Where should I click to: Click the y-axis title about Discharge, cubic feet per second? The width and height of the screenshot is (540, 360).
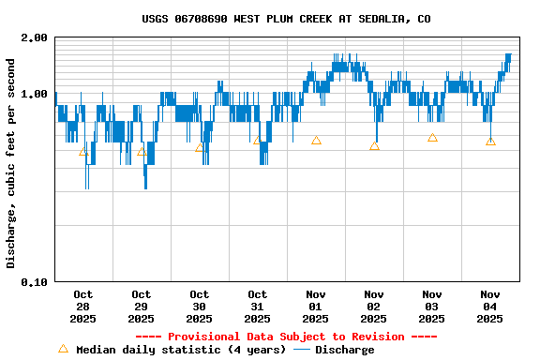tap(11, 163)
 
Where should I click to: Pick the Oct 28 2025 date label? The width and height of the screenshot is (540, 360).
tap(82, 307)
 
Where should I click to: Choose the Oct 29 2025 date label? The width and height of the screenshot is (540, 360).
tap(141, 307)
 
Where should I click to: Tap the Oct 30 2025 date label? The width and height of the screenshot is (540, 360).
tap(199, 307)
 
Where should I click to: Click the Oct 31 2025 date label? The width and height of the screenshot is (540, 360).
tap(257, 307)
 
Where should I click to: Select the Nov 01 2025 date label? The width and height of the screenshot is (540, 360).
tap(315, 307)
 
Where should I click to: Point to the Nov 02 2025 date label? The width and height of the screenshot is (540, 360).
tap(373, 307)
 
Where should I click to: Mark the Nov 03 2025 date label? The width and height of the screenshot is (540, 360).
tap(431, 307)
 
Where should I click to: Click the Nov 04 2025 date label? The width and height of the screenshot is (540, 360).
tap(489, 307)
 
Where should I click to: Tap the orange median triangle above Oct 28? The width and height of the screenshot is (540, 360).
tap(83, 151)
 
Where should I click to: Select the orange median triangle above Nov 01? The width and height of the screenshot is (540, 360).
tap(316, 141)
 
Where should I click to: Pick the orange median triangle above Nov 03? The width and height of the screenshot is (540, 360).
tap(432, 138)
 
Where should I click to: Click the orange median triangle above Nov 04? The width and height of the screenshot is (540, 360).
tap(490, 142)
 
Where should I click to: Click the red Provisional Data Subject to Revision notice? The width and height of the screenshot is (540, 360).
tap(286, 337)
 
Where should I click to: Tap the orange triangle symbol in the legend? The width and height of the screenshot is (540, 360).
tap(64, 349)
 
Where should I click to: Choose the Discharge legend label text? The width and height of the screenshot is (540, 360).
tap(344, 350)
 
